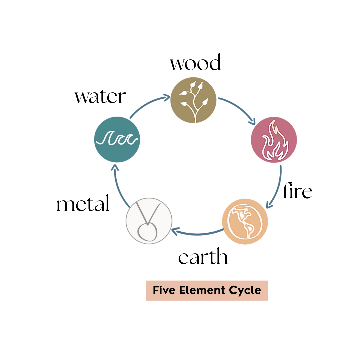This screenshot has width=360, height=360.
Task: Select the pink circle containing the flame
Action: point(274,140)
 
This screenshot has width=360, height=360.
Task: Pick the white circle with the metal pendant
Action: point(149,221)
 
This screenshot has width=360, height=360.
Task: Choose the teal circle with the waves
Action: point(117,139)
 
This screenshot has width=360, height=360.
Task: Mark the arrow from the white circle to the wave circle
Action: point(119,187)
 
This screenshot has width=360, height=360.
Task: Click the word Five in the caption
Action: point(164,290)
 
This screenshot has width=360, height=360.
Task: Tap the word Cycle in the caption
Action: point(245,290)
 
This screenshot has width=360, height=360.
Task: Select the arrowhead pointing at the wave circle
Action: point(114,167)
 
